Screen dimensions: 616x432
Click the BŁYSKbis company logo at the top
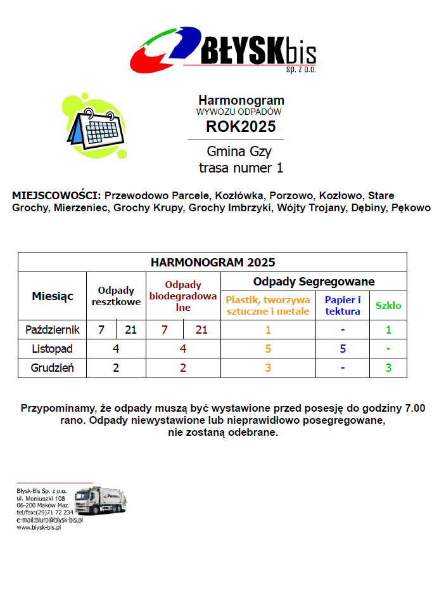(223, 49)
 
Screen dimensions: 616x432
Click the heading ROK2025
(241, 126)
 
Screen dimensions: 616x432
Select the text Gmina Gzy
(239, 152)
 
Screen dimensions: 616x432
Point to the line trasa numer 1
(241, 168)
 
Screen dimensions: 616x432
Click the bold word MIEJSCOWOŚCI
(56, 195)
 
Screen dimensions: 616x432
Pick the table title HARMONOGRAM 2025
(213, 262)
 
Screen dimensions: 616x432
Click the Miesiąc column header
(53, 296)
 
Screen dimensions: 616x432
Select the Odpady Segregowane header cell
(314, 281)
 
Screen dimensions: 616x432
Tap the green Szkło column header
(388, 305)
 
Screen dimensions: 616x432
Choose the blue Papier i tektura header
(343, 305)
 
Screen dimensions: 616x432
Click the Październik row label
(53, 330)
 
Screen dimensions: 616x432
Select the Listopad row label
(53, 348)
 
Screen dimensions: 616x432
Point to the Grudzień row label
(53, 367)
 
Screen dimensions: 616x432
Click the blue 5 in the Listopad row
(343, 348)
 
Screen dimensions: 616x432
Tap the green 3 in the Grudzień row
(388, 367)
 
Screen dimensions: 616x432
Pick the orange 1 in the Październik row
(268, 330)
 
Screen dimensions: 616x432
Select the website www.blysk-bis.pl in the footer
(38, 527)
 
